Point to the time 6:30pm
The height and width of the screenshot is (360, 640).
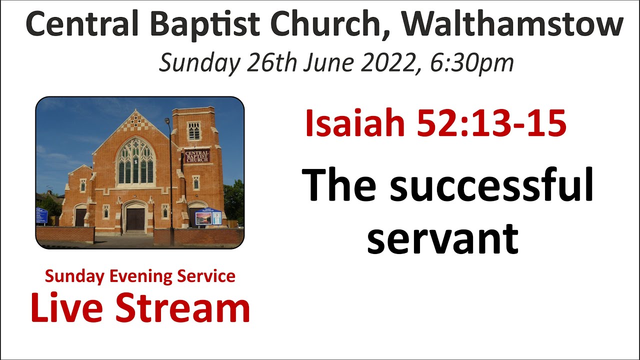tap(472, 63)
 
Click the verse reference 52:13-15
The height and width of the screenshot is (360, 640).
tap(491, 123)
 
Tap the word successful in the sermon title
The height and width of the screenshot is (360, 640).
tap(491, 185)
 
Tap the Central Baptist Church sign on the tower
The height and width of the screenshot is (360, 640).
tap(197, 155)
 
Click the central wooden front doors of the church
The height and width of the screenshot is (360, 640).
tap(135, 219)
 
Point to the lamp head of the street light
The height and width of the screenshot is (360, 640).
tap(167, 120)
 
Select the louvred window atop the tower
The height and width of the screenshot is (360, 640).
tap(194, 131)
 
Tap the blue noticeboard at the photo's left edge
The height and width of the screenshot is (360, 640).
tap(41, 216)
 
